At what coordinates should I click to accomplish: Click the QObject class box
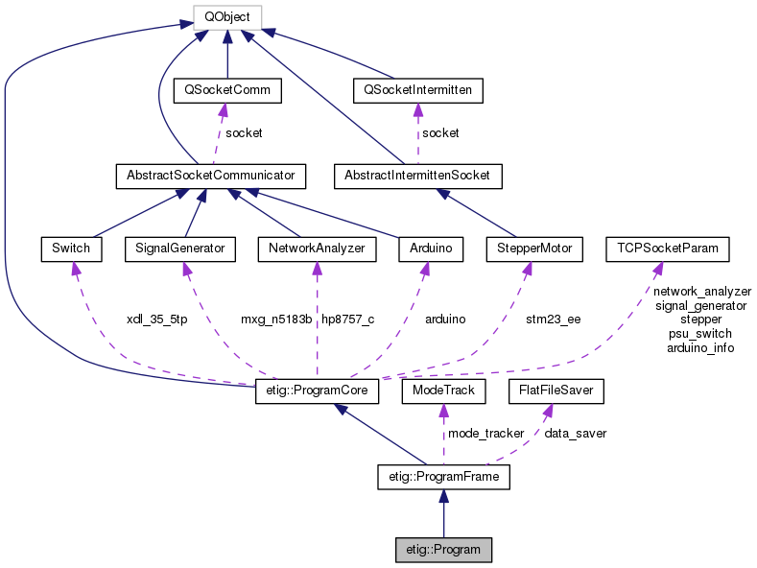click(x=226, y=17)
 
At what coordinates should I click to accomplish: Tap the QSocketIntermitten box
click(x=417, y=91)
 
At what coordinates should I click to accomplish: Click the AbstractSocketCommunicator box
click(x=210, y=177)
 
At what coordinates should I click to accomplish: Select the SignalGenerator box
click(x=179, y=248)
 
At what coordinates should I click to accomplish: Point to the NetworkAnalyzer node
click(x=316, y=248)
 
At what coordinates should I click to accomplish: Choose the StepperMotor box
click(x=534, y=248)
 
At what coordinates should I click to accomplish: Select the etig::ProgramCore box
click(x=319, y=392)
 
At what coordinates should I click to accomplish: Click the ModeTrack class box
click(x=440, y=392)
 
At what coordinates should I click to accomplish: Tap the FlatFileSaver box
click(x=556, y=392)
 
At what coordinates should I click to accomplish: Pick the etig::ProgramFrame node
click(x=443, y=476)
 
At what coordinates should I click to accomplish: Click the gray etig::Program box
click(x=443, y=550)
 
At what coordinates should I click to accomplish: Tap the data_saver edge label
click(x=575, y=434)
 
